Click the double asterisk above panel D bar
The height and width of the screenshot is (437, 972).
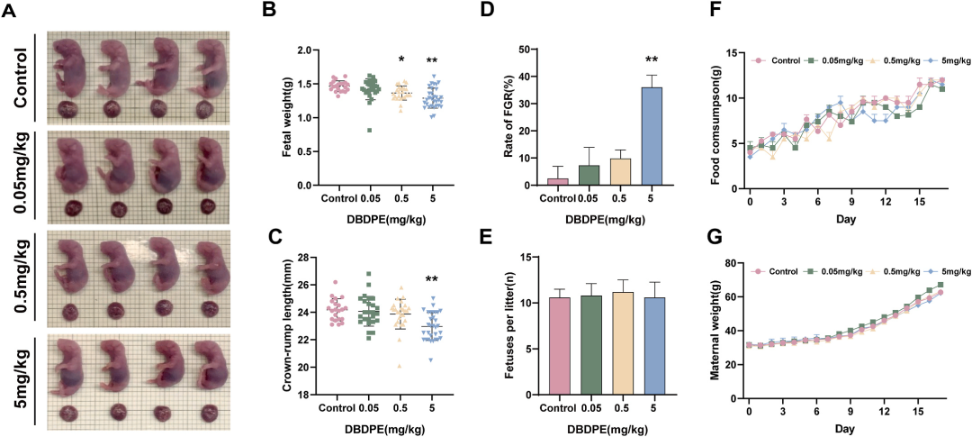pyautogui.click(x=652, y=61)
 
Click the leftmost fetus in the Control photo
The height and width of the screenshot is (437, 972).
pyautogui.click(x=67, y=68)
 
